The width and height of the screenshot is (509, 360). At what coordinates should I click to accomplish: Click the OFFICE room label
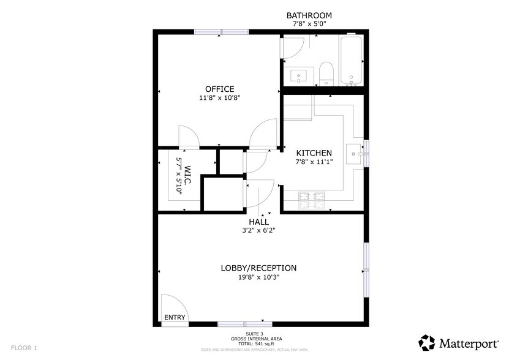219,89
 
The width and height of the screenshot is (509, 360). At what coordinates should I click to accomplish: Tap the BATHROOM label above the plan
309,15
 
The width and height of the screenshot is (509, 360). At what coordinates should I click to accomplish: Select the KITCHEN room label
314,153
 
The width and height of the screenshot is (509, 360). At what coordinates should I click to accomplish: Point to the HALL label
258,222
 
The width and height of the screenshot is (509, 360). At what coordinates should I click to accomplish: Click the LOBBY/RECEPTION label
258,268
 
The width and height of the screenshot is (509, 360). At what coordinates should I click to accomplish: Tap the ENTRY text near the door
174,317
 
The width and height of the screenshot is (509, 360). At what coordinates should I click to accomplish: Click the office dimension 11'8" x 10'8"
219,98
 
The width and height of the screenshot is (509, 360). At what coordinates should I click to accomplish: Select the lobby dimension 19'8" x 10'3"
258,277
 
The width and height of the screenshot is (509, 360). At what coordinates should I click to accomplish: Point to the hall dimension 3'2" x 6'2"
258,230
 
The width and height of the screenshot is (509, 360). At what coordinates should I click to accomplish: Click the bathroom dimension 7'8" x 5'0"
309,23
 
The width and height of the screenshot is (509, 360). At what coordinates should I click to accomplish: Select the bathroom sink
300,76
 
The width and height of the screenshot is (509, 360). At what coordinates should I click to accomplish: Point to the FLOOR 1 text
24,347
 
